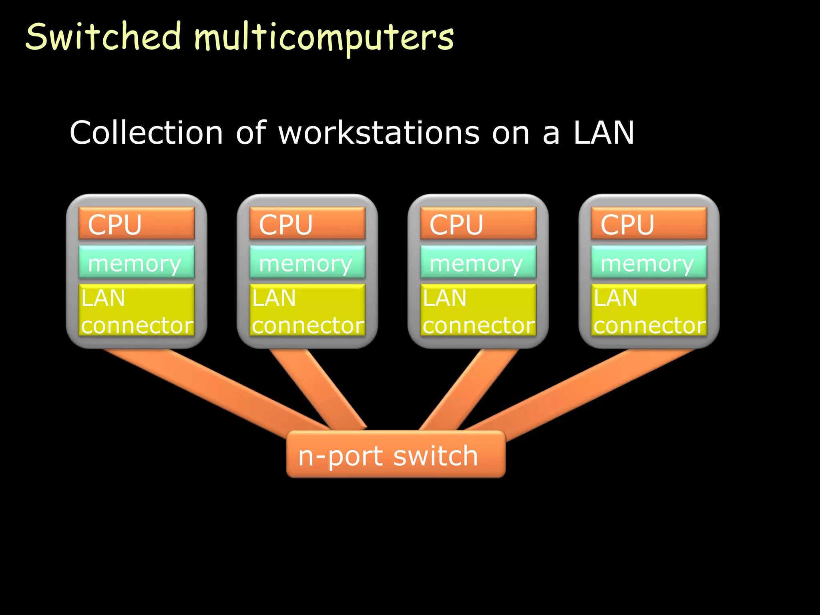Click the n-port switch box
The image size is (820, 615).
coord(396,454)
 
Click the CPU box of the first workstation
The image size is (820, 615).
coord(137,223)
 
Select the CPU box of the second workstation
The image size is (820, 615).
coord(307,223)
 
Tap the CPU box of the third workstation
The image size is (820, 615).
coord(478,223)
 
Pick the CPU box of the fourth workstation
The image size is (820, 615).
coord(649,223)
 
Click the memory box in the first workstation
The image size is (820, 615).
coord(137,262)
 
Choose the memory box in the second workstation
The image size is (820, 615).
coord(307,262)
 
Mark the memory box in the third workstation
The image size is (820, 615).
coord(478,262)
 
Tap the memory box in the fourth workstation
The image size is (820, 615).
coord(649,262)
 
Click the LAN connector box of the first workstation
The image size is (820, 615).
coord(137,310)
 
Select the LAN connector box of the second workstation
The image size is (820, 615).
coord(307,310)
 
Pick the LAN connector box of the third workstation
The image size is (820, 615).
coord(478,310)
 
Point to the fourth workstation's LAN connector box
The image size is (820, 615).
coord(649,310)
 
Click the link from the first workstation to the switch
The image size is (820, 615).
coord(216,390)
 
